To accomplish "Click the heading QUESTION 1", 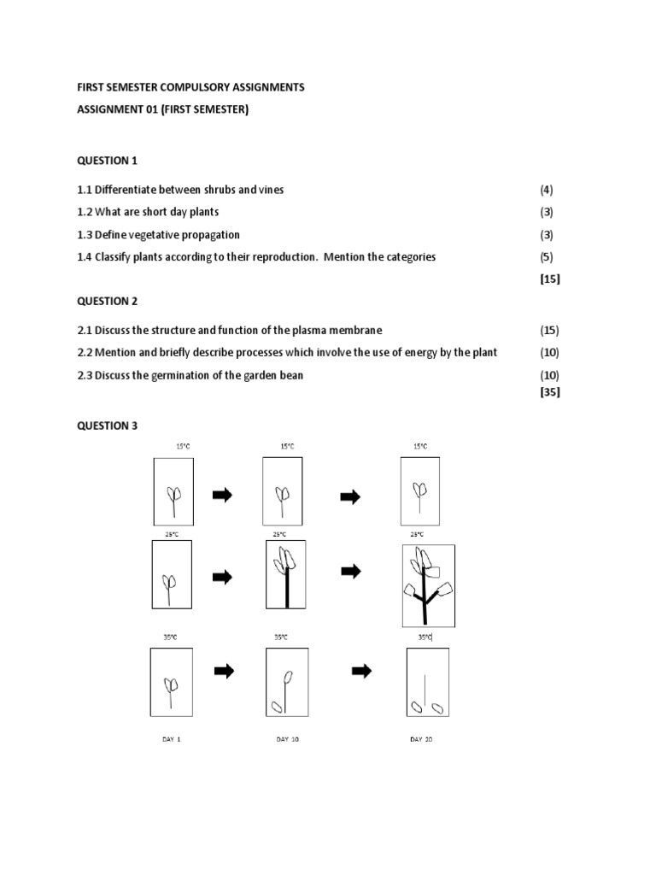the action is click(x=107, y=161).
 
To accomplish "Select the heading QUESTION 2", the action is click(x=107, y=301).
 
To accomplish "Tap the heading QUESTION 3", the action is click(x=107, y=426).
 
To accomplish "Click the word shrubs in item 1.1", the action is click(x=221, y=190).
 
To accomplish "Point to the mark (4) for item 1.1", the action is click(x=547, y=190).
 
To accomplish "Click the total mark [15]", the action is click(x=550, y=279).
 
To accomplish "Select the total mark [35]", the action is click(x=550, y=392).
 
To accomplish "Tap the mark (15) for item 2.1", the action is click(x=549, y=330).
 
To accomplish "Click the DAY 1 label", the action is click(x=172, y=739).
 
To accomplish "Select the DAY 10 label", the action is click(x=288, y=739).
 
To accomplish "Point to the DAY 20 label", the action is click(x=421, y=739).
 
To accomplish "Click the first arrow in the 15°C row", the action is click(x=222, y=495).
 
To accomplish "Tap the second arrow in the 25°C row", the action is click(x=350, y=572).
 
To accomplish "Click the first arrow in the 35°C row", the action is click(x=224, y=671).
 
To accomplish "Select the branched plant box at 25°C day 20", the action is click(x=429, y=585).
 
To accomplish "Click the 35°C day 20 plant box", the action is click(x=427, y=682).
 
